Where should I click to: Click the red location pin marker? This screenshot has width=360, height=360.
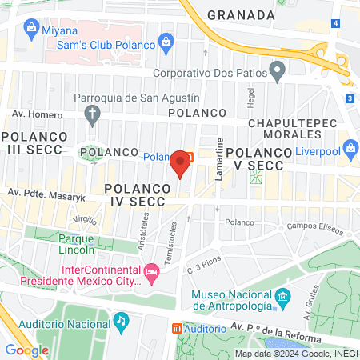[x=180, y=163]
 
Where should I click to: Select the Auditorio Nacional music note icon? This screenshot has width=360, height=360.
[x=120, y=321]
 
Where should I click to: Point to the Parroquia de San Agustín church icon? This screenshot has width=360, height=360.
[x=93, y=114]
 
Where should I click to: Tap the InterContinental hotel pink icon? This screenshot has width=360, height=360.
[x=150, y=275]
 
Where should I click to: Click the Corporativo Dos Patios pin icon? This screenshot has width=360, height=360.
[x=277, y=73]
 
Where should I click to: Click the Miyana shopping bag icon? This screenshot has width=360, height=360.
[x=31, y=28]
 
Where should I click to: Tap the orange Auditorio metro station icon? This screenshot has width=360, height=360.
[x=177, y=329]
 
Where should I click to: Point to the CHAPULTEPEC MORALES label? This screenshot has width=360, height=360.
[x=290, y=130]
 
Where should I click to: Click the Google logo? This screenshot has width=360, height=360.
[x=26, y=350]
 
